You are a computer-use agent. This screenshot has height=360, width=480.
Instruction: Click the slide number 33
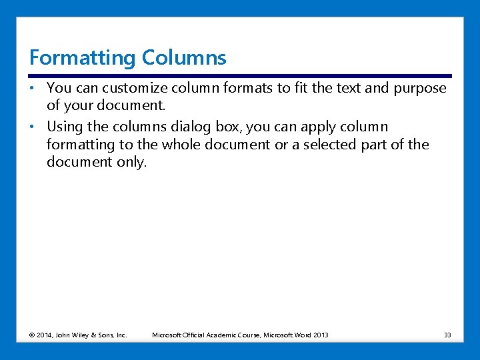coord(447,335)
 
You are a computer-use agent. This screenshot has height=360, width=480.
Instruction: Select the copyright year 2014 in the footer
coord(45,335)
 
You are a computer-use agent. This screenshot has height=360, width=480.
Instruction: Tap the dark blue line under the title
coord(240,76)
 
